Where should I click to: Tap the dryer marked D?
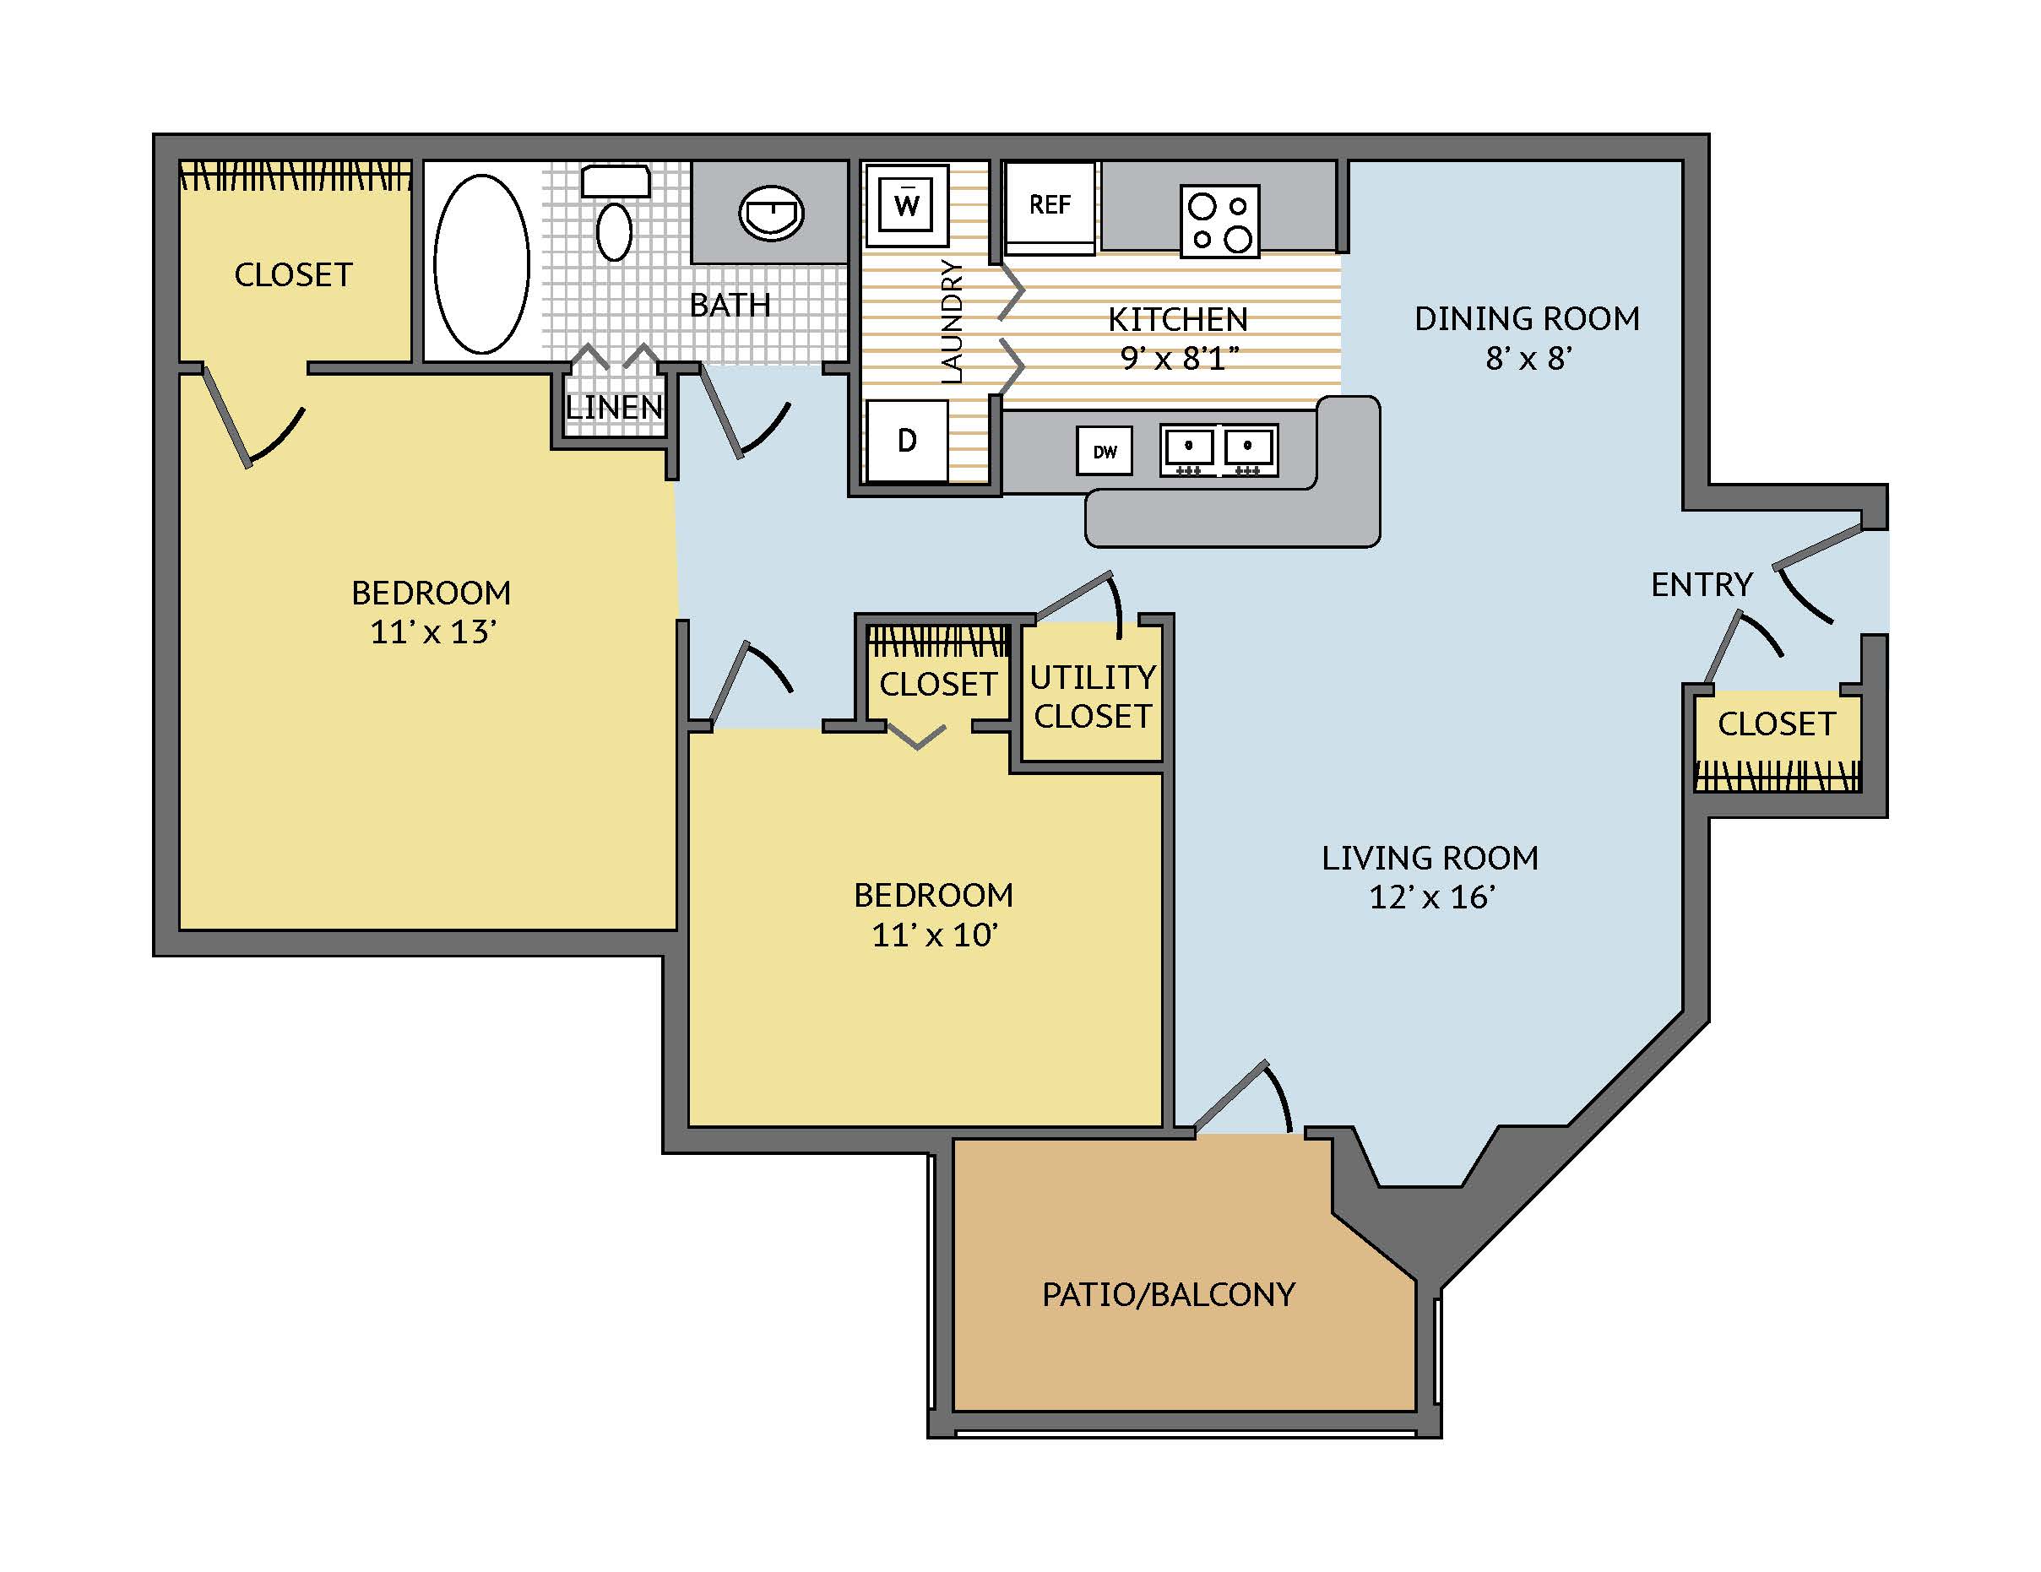tap(906, 440)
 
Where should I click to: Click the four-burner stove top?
tap(1219, 220)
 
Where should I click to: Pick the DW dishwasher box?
tap(1105, 451)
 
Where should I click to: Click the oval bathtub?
tap(481, 263)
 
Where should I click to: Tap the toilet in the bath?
tap(615, 212)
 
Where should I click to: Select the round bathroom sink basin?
tap(771, 214)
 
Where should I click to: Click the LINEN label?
tap(614, 407)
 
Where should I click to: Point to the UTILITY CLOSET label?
tap(1093, 697)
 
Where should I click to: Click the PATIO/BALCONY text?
tap(1169, 1294)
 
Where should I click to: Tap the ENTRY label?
tap(1702, 585)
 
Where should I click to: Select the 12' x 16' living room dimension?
tap(1431, 897)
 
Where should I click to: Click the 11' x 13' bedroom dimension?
tap(432, 632)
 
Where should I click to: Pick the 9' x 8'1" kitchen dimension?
tap(1180, 358)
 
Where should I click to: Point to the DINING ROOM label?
tap(1527, 318)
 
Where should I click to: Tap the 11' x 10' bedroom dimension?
tap(935, 935)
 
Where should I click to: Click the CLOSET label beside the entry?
tap(1777, 724)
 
